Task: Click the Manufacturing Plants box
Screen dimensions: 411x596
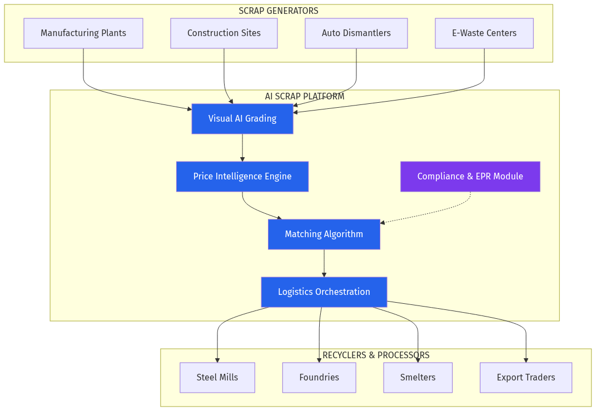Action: click(83, 33)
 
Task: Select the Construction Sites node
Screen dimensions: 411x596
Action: click(223, 33)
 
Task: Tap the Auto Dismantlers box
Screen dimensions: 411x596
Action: click(356, 33)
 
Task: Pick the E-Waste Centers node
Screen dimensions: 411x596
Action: click(484, 33)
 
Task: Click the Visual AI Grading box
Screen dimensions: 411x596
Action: click(242, 118)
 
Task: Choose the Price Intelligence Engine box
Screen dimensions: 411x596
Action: click(242, 177)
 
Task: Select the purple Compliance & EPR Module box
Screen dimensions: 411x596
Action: click(470, 177)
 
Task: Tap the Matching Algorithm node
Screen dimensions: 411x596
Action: click(324, 234)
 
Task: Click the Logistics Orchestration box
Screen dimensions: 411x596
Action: click(324, 292)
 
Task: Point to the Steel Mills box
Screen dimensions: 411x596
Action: click(217, 378)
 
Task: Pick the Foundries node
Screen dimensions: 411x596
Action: click(319, 378)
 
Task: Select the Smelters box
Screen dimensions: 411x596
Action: click(418, 378)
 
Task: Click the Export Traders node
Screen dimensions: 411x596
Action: click(525, 378)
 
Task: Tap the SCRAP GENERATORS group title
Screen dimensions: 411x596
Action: click(278, 11)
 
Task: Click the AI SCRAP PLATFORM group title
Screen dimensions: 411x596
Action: click(304, 96)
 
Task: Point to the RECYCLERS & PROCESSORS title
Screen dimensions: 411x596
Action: click(376, 355)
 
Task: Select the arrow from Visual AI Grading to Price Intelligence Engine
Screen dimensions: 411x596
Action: click(242, 147)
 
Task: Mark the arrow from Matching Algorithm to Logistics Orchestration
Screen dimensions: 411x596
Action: click(324, 263)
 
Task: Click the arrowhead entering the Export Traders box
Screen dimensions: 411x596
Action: click(526, 360)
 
